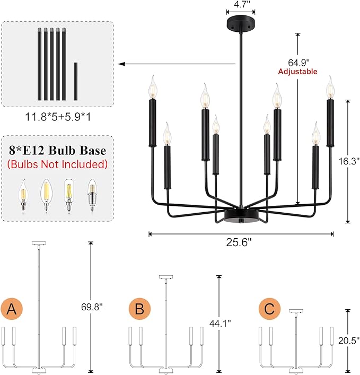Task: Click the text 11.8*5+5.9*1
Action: coord(58,116)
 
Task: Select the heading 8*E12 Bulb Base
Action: coord(57,151)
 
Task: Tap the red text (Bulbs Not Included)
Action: coord(58,164)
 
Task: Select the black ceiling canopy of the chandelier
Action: coord(241,23)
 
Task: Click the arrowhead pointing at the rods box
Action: coord(121,64)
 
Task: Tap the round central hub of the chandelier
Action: coord(241,215)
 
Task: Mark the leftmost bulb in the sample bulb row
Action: coord(23,193)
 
